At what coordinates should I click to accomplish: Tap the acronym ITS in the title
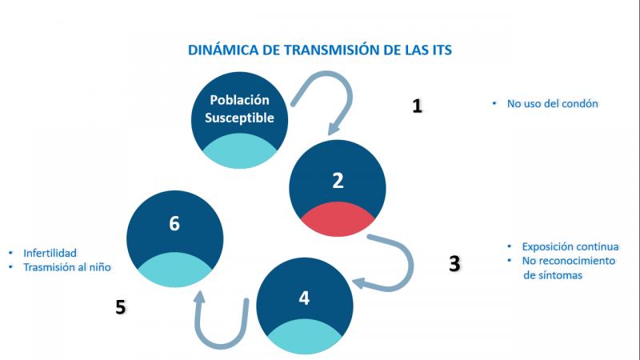[x=442, y=50]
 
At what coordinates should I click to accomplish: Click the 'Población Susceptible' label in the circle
[x=239, y=109]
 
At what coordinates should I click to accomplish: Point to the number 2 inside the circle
[x=338, y=181]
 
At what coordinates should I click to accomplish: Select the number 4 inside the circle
[x=305, y=298]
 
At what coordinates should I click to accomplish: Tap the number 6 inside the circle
[x=174, y=224]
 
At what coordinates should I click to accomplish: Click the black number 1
[x=417, y=106]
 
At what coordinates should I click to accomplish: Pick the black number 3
[x=454, y=264]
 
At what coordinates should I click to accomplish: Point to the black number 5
[x=121, y=307]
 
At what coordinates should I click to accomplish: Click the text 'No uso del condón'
[x=552, y=104]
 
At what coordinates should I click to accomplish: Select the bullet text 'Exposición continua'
[x=570, y=246]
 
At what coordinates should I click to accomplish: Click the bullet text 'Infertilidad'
[x=50, y=253]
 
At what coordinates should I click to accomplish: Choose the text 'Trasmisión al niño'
[x=67, y=267]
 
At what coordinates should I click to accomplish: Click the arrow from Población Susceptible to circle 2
[x=350, y=94]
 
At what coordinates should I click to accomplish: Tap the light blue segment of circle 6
[x=174, y=270]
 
